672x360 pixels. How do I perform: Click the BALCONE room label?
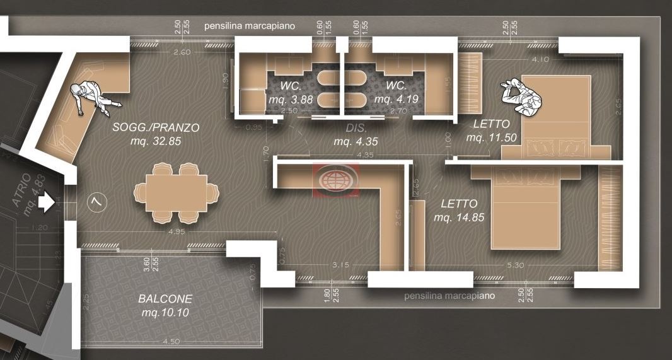pos(166,298)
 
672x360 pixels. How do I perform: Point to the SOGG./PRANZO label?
pos(156,127)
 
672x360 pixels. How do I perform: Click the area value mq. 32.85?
pos(156,142)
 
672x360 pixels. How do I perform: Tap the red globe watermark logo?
pos(336,178)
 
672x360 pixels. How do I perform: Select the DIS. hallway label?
pos(356,128)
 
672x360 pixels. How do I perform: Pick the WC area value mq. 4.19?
pos(396,99)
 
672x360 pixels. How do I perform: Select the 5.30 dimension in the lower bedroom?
pos(514,265)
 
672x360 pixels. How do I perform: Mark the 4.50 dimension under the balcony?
pos(171,342)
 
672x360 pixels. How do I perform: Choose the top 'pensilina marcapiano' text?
pos(258,26)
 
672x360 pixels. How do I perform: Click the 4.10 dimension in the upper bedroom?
pos(540,60)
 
